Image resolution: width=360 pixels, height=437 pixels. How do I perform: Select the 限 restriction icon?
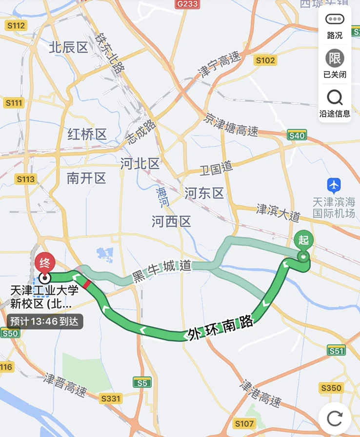tap(335, 59)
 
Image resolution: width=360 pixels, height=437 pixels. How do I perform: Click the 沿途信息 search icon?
tap(335, 98)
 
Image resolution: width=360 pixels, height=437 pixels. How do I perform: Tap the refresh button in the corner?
tap(335, 418)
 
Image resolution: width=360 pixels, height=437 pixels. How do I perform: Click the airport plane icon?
tap(334, 185)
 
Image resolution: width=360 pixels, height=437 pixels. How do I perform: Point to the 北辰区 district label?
tap(68, 47)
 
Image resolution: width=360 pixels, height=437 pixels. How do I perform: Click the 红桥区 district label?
tap(87, 135)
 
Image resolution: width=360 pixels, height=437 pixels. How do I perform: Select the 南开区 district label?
tap(86, 178)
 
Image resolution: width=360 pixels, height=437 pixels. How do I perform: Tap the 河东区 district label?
tap(204, 193)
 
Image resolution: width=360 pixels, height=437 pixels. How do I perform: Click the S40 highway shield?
tap(297, 136)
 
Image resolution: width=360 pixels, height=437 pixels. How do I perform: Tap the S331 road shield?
tap(111, 398)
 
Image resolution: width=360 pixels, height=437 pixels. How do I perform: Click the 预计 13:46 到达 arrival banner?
tap(45, 321)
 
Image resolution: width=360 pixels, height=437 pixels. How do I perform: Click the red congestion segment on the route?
tap(87, 284)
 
